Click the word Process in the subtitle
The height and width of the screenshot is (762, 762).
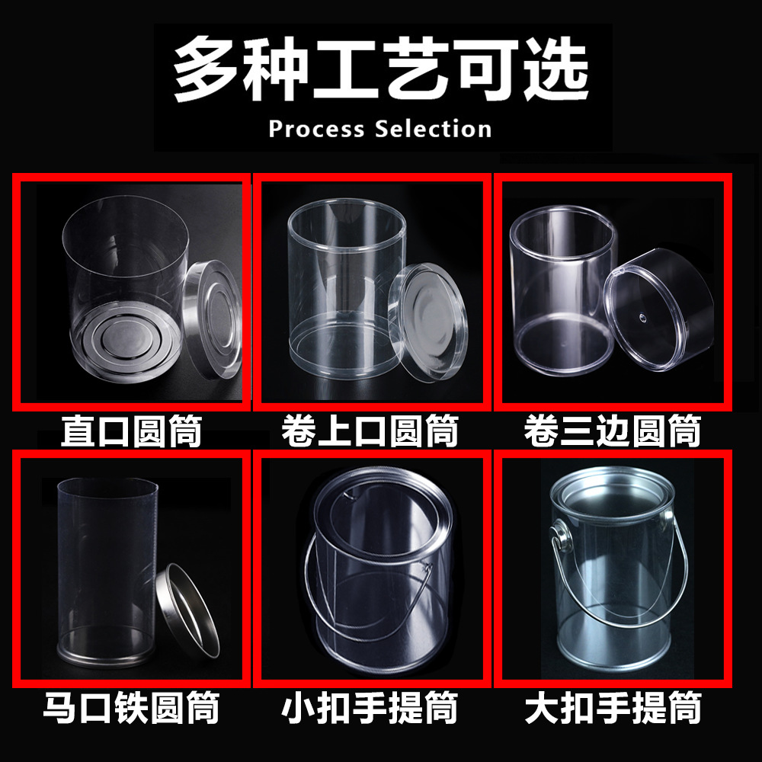[x=316, y=129]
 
